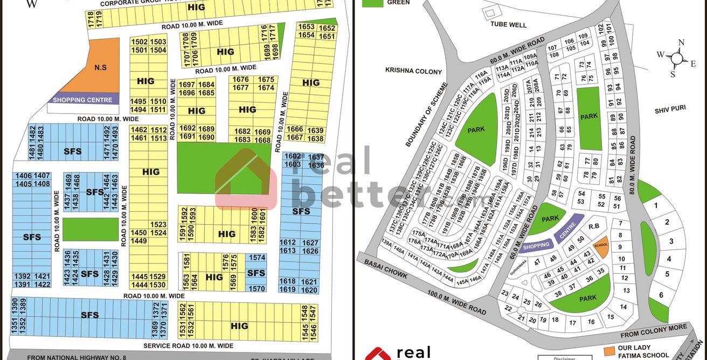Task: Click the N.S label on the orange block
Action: (x=100, y=68)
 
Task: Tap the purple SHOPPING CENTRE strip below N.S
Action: (x=83, y=100)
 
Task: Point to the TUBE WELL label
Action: (x=507, y=24)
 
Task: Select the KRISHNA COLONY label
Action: (x=413, y=71)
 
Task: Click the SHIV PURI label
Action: (x=670, y=109)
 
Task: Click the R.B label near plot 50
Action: (x=594, y=226)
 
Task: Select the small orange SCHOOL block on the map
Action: (x=601, y=244)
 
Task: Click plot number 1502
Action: (x=140, y=42)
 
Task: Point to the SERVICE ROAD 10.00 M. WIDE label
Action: (x=188, y=345)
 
